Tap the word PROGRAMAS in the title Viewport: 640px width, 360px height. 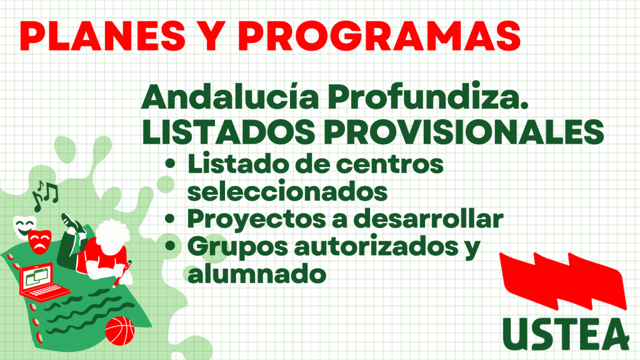(379, 36)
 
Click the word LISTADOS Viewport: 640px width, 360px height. (229, 132)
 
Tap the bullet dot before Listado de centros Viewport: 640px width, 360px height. (170, 164)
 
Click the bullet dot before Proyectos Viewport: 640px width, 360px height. (170, 219)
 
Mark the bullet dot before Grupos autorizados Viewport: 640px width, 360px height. (170, 246)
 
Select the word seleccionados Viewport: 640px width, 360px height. (287, 191)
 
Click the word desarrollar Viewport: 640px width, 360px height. (428, 219)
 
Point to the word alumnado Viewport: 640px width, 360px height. (257, 274)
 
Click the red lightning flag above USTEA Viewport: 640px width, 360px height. (563, 281)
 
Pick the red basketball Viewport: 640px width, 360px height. (120, 331)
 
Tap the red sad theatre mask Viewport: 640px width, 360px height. (40, 242)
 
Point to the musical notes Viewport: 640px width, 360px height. (45, 196)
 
